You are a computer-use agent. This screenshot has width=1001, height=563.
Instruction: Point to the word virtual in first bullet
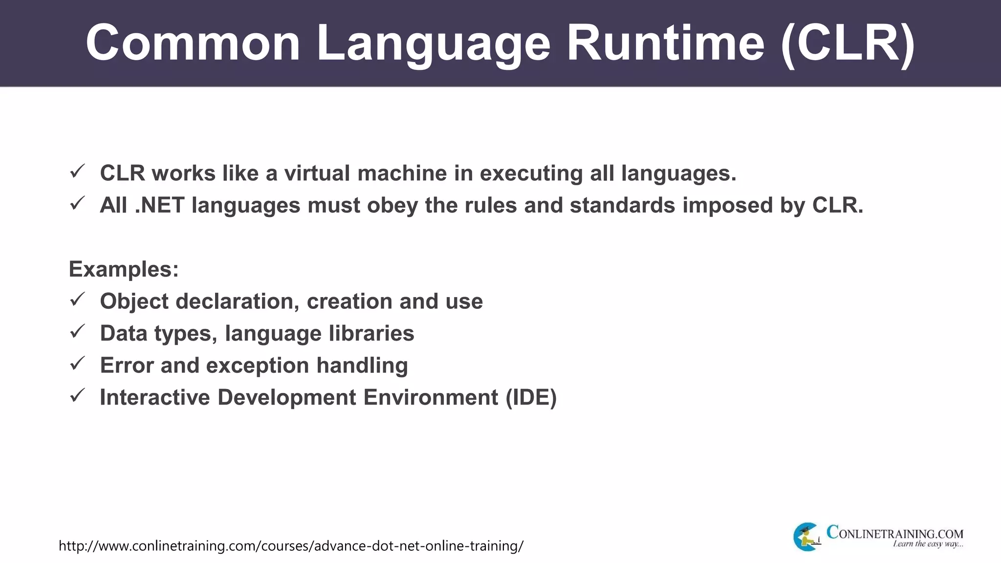[317, 173]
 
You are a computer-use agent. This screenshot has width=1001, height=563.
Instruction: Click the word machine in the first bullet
[402, 173]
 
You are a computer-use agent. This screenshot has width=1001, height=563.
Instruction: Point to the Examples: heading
[124, 269]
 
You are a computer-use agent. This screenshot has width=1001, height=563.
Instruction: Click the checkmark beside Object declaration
[78, 300]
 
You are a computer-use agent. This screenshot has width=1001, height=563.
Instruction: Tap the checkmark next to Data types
[78, 332]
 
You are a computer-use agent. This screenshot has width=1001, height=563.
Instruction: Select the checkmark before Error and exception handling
[78, 364]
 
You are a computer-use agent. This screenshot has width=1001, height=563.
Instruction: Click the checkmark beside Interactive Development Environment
[78, 395]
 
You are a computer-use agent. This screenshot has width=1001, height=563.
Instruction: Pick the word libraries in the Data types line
[371, 333]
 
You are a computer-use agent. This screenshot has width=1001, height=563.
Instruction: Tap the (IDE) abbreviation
[531, 397]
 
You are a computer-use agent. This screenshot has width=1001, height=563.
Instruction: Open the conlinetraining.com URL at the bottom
[291, 545]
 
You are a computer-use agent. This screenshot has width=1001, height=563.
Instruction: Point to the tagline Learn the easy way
[928, 544]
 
